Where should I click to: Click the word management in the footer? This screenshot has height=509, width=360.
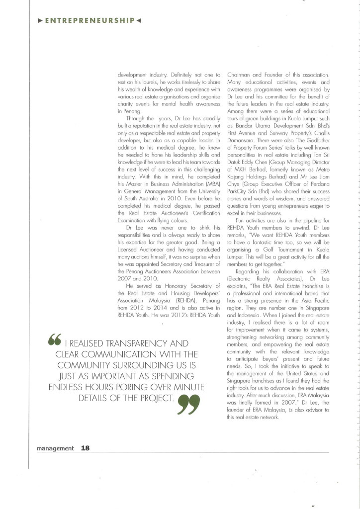pyautogui.click(x=55, y=448)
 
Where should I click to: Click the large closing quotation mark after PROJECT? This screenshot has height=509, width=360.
pyautogui.click(x=189, y=391)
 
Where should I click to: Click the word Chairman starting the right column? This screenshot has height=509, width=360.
pyautogui.click(x=239, y=75)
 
